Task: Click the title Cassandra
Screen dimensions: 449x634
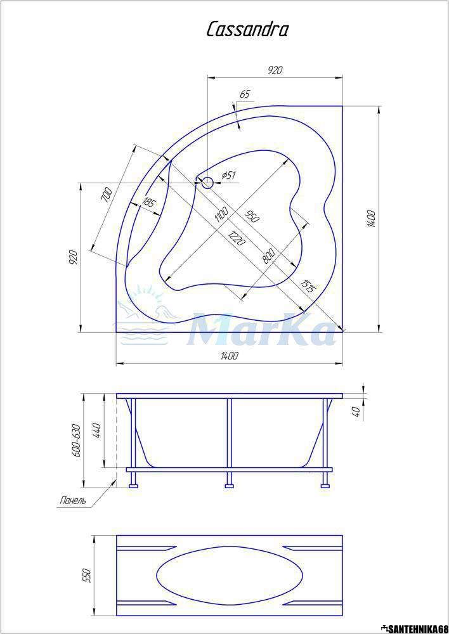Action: coord(247,30)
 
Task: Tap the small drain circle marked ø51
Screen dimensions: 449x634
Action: coord(207,183)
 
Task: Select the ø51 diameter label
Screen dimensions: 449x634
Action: coord(229,176)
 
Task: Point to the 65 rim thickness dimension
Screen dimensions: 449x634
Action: coord(244,94)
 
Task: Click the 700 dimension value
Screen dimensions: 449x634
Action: coord(105,195)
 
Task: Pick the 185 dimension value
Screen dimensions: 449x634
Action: coord(148,202)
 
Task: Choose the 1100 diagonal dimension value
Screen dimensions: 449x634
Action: coord(222,215)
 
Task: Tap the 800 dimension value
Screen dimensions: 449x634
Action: coord(268,256)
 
